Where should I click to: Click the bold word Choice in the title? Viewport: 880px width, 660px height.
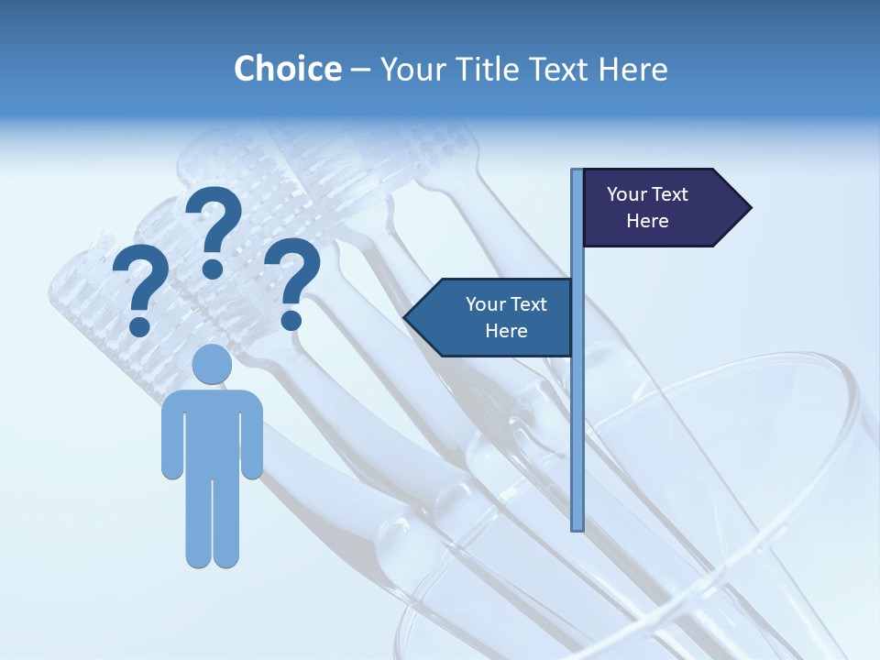point(287,69)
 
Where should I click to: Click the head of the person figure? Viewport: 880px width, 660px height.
point(212,364)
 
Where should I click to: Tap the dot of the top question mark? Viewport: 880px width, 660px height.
point(213,269)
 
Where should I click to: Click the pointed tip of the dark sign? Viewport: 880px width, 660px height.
point(749,208)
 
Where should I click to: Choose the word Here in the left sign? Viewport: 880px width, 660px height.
point(506,331)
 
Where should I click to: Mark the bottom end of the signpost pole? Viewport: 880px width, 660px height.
point(577,528)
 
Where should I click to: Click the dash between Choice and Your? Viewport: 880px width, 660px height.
point(360,70)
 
